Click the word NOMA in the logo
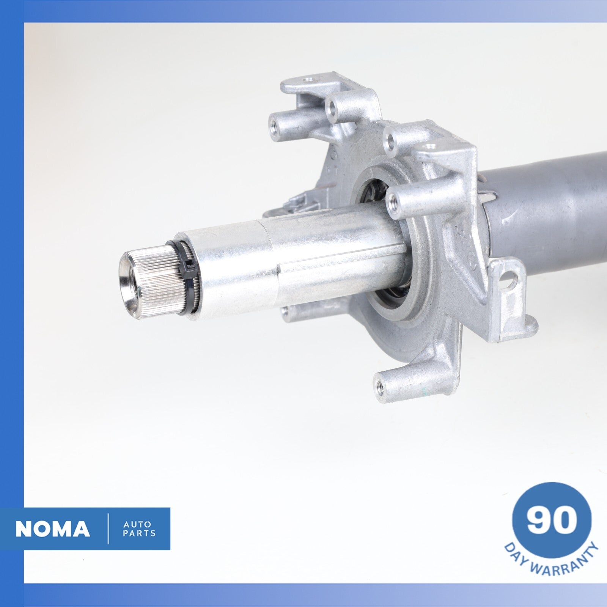pyautogui.click(x=53, y=529)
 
